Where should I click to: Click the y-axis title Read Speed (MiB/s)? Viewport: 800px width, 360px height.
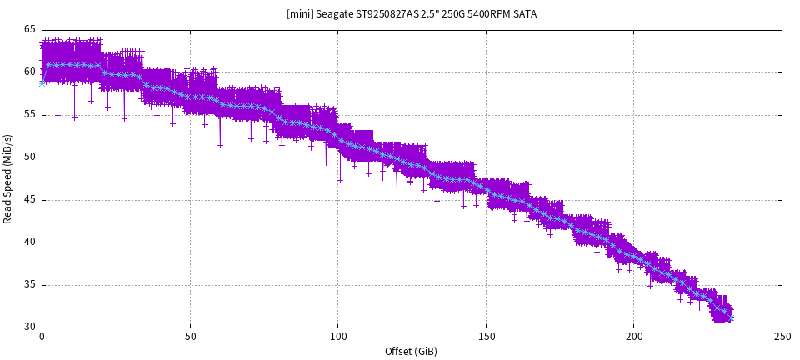coord(8,178)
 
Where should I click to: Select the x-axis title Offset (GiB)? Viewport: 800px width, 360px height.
coord(412,352)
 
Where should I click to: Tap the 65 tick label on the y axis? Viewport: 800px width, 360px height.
coord(30,29)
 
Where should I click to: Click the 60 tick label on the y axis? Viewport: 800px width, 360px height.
coord(30,72)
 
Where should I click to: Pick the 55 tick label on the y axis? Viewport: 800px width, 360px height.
coord(30,114)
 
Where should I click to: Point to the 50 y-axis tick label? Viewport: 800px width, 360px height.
coord(30,157)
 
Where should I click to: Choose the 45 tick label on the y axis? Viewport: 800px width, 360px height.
coord(30,200)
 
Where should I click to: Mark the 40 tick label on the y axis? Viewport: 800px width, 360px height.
coord(30,242)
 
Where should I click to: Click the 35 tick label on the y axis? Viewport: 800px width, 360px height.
coord(30,285)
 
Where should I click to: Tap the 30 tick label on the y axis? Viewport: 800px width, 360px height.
coord(30,327)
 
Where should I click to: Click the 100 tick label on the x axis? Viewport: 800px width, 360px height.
coord(337,338)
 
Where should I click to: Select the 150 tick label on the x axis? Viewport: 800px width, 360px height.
coord(486,338)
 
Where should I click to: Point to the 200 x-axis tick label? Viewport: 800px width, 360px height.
coord(633,338)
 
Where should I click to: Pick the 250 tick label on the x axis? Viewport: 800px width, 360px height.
coord(782,338)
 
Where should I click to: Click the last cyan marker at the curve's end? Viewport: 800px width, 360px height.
coord(730,317)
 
